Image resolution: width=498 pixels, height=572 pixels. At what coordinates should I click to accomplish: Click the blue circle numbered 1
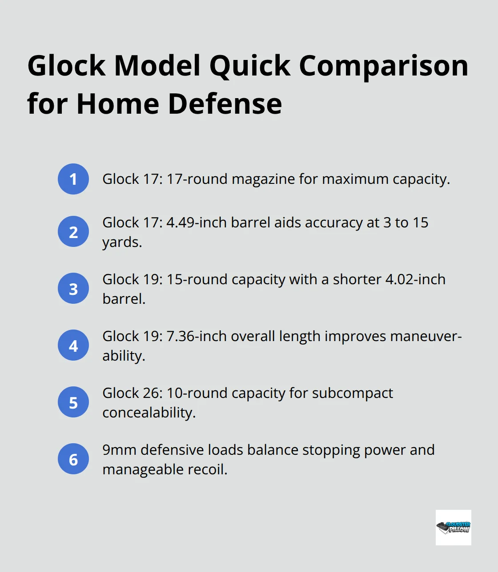[73, 179]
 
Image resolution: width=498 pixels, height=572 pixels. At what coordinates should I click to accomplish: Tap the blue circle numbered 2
[73, 231]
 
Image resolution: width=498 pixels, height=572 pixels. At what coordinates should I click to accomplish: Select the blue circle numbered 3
[73, 288]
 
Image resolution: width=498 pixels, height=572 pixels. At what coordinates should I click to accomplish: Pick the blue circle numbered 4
[73, 345]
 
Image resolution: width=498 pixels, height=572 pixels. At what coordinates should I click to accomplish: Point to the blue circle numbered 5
[73, 402]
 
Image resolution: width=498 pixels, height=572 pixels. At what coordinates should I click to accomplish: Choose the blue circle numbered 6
[73, 459]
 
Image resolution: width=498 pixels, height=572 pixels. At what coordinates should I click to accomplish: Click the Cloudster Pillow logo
[453, 528]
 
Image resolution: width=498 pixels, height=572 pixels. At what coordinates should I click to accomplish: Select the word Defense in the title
[225, 104]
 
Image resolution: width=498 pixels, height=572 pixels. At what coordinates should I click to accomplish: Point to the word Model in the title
[157, 66]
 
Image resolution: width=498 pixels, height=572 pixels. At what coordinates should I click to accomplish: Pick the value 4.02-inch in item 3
[415, 280]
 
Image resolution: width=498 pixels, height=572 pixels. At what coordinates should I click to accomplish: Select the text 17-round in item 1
[197, 179]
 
